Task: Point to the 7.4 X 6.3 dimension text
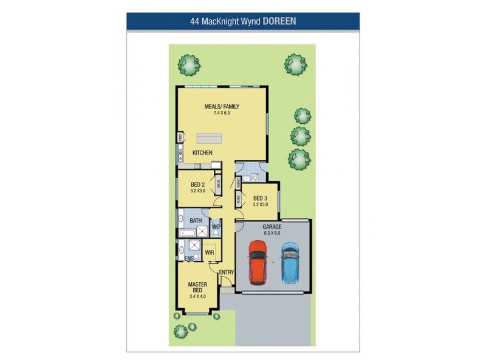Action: point(222,113)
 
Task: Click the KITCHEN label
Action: point(202,153)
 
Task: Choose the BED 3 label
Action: point(260,198)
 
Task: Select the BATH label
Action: point(196,220)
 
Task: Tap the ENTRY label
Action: point(226,272)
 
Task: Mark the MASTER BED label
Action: point(198,288)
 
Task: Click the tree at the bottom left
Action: point(180,331)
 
